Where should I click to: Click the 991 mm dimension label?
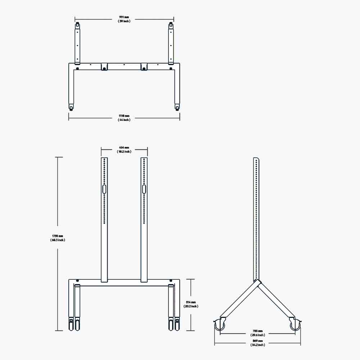pyautogui.click(x=124, y=17)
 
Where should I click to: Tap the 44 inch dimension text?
pyautogui.click(x=124, y=120)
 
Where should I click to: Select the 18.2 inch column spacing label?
pyautogui.click(x=124, y=152)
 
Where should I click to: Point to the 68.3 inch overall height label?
pyautogui.click(x=58, y=240)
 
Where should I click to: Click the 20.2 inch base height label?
pyautogui.click(x=191, y=306)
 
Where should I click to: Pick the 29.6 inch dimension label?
pyautogui.click(x=257, y=335)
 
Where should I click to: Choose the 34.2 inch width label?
pyautogui.click(x=257, y=345)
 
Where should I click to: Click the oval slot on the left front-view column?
pyautogui.click(x=104, y=189)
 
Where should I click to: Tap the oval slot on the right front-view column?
pyautogui.click(x=144, y=189)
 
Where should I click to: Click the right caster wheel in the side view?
pyautogui.click(x=295, y=325)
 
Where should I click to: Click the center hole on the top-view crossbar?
pyautogui.click(x=124, y=65)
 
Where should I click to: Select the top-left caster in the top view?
pyautogui.click(x=77, y=26)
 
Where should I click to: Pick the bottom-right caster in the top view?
pyautogui.click(x=177, y=107)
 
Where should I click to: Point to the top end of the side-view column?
pyautogui.click(x=256, y=159)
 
